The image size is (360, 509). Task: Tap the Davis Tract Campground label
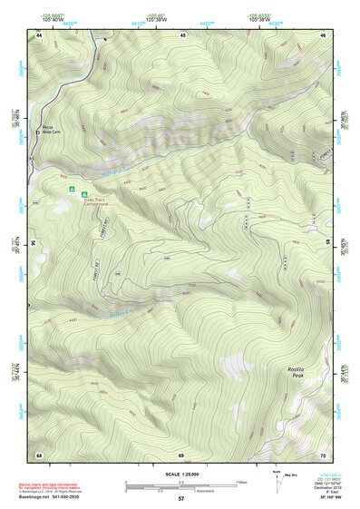click(x=95, y=203)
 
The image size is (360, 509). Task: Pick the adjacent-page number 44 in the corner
click(x=39, y=34)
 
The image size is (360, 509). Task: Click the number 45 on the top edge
click(x=182, y=34)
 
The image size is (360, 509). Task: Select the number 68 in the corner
click(x=39, y=454)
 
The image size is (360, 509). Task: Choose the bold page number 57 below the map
click(x=180, y=499)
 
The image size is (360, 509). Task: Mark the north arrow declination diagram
click(x=278, y=482)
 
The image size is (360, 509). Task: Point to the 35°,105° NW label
click(x=330, y=498)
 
